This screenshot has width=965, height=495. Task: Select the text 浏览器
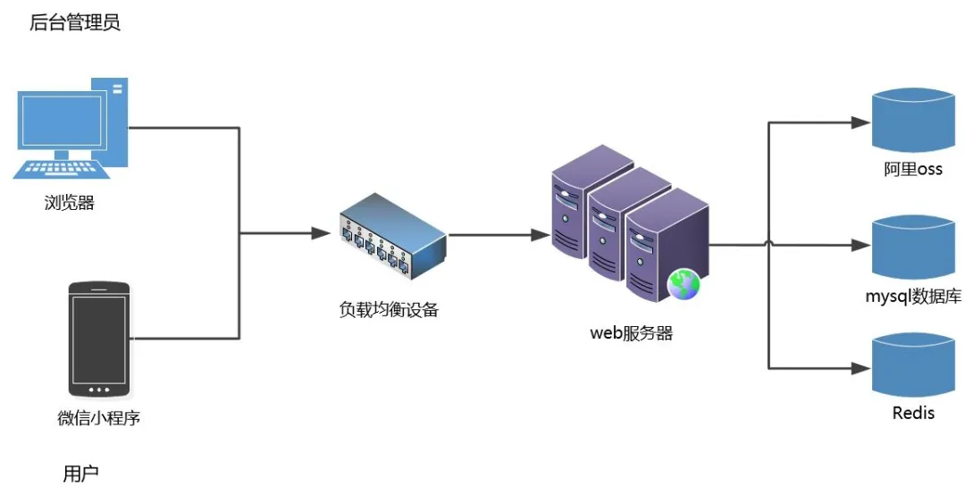tap(70, 203)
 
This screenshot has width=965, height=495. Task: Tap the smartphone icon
tap(99, 339)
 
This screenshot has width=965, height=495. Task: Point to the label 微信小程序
tap(99, 418)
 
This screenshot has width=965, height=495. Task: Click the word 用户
tap(80, 474)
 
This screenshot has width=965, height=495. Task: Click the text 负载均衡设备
tap(389, 310)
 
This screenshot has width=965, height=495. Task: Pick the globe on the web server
tap(684, 284)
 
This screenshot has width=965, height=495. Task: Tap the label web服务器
tap(631, 334)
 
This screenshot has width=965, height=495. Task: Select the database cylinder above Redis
tap(912, 365)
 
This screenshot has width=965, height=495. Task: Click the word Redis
tap(913, 413)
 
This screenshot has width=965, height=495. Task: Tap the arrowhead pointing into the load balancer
tap(321, 233)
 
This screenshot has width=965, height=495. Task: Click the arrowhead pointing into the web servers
tap(540, 235)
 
